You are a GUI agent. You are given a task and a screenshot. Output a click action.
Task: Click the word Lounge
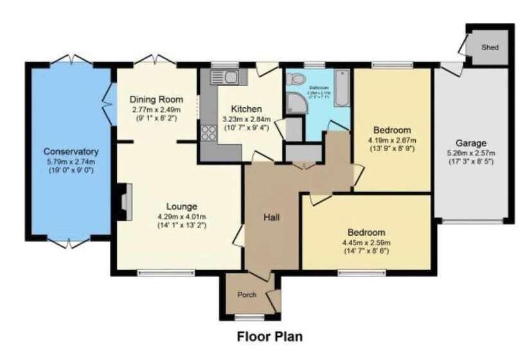181,206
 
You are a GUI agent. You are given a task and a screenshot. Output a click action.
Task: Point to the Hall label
272,217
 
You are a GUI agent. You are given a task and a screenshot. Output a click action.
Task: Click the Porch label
247,295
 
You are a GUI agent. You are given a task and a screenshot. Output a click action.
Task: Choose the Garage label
472,143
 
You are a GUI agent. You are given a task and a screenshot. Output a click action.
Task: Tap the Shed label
490,48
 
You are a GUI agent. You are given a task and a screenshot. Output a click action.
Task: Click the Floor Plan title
269,336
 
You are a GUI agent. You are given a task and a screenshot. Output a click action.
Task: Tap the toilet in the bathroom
297,79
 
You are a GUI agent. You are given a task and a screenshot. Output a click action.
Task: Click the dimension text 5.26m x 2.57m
472,153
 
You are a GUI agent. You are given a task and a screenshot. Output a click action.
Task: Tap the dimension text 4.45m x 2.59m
366,242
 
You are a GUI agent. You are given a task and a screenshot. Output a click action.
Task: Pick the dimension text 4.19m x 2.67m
391,139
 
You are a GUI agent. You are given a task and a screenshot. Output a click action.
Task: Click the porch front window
247,316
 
